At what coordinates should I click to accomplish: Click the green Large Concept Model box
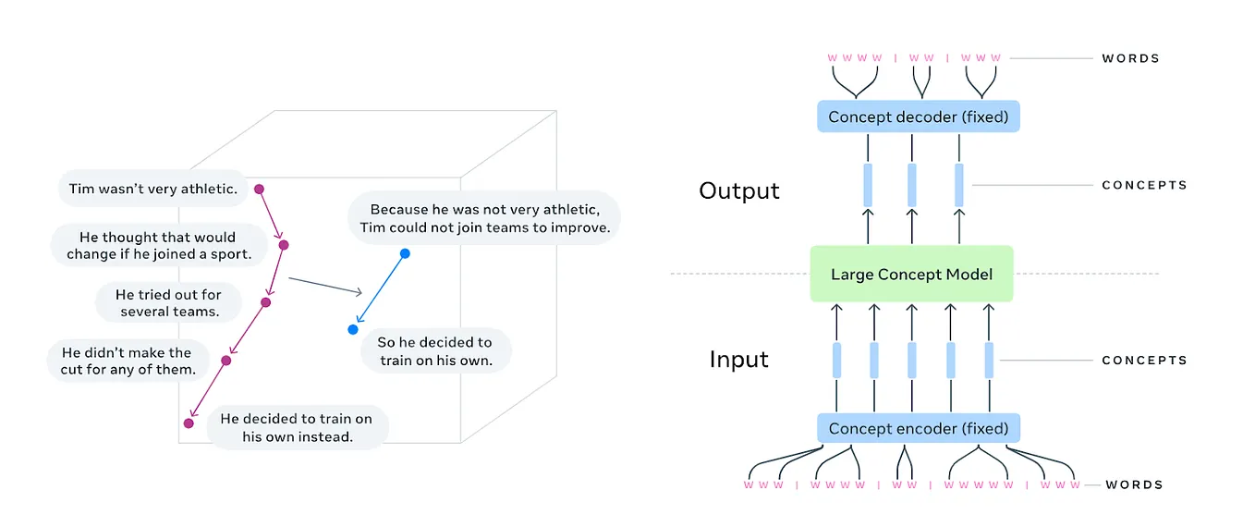pos(911,274)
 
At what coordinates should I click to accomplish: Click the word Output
pos(739,190)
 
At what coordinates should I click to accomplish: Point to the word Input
pos(738,359)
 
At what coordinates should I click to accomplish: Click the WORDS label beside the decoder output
pos(1130,58)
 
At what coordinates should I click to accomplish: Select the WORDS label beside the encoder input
pos(1133,484)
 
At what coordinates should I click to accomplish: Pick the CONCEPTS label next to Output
pos(1144,185)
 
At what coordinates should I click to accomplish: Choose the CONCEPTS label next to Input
pos(1144,360)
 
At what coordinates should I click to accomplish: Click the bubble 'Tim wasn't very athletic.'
pos(153,189)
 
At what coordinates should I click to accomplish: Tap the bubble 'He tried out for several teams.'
pos(169,302)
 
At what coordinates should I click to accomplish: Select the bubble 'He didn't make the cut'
pos(127,361)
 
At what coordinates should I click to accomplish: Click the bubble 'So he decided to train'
pos(434,351)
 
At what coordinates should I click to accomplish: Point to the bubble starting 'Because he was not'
pos(484,218)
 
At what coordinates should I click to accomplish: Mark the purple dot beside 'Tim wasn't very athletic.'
pos(260,189)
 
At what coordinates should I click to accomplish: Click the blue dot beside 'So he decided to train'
pos(353,329)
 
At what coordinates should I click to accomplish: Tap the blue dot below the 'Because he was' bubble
pos(405,252)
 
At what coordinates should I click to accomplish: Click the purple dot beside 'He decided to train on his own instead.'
pos(189,423)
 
